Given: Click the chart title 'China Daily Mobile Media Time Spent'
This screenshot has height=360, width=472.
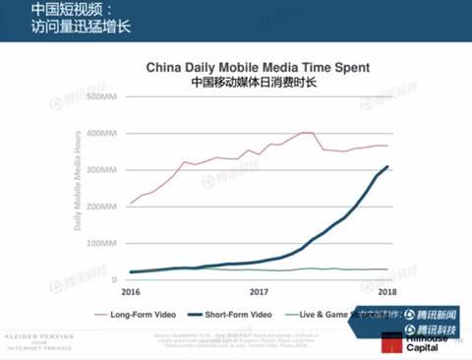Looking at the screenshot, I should coord(258,68).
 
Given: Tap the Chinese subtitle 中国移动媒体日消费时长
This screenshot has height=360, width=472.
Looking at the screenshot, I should coord(258,83).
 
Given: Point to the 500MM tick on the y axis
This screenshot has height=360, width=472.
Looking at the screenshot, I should coord(102,97).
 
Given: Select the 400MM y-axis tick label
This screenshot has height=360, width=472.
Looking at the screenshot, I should coord(102,133).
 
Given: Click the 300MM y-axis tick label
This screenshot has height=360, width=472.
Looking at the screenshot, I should coord(102,169).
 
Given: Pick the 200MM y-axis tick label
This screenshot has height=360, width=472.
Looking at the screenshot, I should coord(102,207).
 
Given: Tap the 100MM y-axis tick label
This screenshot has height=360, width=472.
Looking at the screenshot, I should coord(102,243).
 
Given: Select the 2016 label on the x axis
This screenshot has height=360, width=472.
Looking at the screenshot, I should coord(130,292).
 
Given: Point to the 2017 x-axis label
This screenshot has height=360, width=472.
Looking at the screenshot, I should coord(260,292).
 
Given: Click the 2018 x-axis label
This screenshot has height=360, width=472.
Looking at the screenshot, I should coord(387,292).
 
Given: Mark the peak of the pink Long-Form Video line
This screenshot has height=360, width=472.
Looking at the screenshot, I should coord(306,132).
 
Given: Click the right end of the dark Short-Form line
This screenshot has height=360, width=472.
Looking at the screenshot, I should coord(387,166).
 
